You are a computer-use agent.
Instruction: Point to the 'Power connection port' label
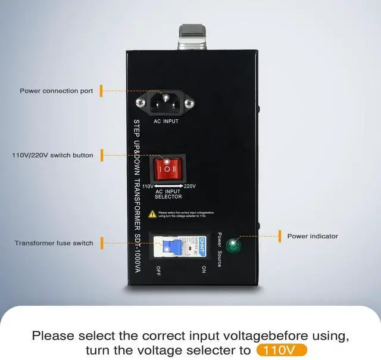(x=57, y=91)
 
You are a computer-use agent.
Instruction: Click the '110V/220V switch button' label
(x=53, y=156)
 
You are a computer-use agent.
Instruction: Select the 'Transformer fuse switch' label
(x=54, y=243)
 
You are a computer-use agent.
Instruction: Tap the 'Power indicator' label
(x=313, y=236)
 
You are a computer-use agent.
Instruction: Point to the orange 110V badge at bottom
(x=282, y=349)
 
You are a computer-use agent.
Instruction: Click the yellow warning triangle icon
(x=152, y=213)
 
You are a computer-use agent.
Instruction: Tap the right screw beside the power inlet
(x=189, y=104)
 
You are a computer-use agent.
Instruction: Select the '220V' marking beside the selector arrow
(x=190, y=187)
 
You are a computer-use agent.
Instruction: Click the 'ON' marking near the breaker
(x=202, y=269)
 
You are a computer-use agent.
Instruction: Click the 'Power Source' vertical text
(x=219, y=249)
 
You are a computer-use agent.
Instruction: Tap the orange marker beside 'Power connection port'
(x=101, y=91)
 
